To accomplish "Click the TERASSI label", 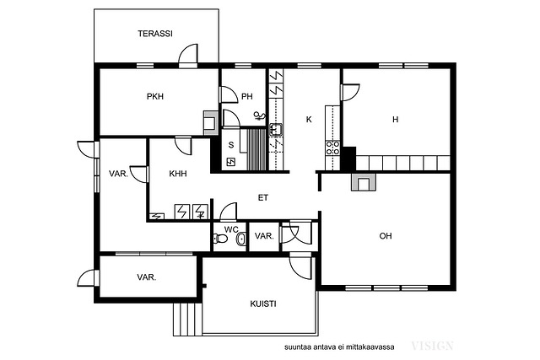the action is click(x=155, y=34).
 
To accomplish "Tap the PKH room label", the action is click(x=155, y=97).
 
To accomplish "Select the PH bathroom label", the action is click(x=247, y=97).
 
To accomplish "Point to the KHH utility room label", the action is click(x=178, y=174).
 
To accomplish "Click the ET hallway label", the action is click(x=263, y=198).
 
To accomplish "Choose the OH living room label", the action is click(x=386, y=236).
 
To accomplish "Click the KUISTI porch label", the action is click(x=262, y=304).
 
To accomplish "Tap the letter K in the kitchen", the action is click(x=309, y=120).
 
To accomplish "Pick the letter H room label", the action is click(x=396, y=120).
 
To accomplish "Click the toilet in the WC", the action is click(x=220, y=238).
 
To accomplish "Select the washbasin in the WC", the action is click(x=241, y=239).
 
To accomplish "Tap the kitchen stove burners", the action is click(x=332, y=148).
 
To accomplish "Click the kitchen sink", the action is click(x=276, y=129).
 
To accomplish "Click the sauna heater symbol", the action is click(x=230, y=161).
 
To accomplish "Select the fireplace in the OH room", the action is click(x=364, y=182).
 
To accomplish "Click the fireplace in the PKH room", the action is click(x=210, y=123).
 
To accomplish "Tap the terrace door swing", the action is click(x=188, y=54).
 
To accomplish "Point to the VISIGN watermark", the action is click(x=432, y=346).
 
